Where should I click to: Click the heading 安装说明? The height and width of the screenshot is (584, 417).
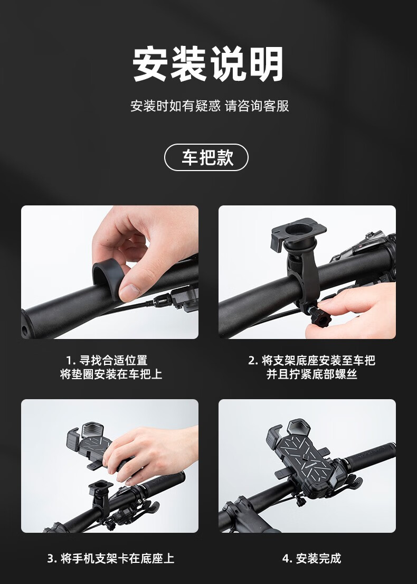click(208, 64)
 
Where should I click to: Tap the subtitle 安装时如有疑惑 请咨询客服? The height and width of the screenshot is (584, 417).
click(210, 106)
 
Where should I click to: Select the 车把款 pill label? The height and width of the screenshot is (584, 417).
click(206, 157)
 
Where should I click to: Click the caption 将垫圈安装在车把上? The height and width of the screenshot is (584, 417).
click(111, 374)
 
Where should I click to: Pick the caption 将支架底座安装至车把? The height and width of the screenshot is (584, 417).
click(318, 360)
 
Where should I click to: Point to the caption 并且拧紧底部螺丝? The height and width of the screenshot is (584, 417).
click(311, 374)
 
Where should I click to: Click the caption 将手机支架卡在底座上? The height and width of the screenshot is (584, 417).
click(117, 558)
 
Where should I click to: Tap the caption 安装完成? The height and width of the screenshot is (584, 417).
click(318, 558)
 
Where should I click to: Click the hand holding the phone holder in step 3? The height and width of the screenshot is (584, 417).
click(149, 450)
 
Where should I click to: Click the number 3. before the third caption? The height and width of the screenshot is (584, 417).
click(52, 559)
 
